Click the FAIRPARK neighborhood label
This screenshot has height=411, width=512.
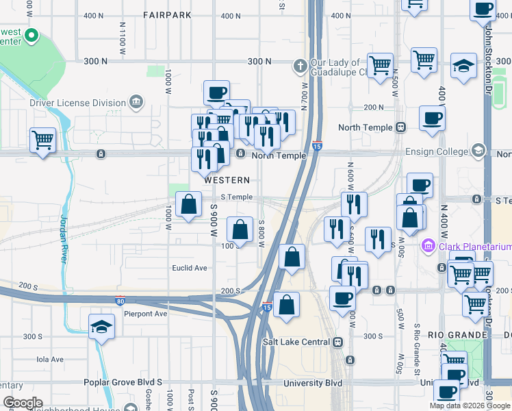168,14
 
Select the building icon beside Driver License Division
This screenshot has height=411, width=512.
136,103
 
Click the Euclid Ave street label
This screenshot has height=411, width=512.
190,268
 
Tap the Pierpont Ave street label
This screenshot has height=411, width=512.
146,314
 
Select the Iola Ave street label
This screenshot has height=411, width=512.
49,359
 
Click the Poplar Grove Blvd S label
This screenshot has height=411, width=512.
123,382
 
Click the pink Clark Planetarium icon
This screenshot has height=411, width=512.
428,245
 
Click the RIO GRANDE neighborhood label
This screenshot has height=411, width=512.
457,335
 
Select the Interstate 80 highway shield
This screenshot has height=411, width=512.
120,300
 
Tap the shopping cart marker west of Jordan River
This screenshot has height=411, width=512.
42,140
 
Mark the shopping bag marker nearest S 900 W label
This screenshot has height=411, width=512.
188,204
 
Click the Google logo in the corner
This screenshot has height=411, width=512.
22,403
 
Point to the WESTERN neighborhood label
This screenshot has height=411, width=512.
227,180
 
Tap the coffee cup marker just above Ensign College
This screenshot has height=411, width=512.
431,118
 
